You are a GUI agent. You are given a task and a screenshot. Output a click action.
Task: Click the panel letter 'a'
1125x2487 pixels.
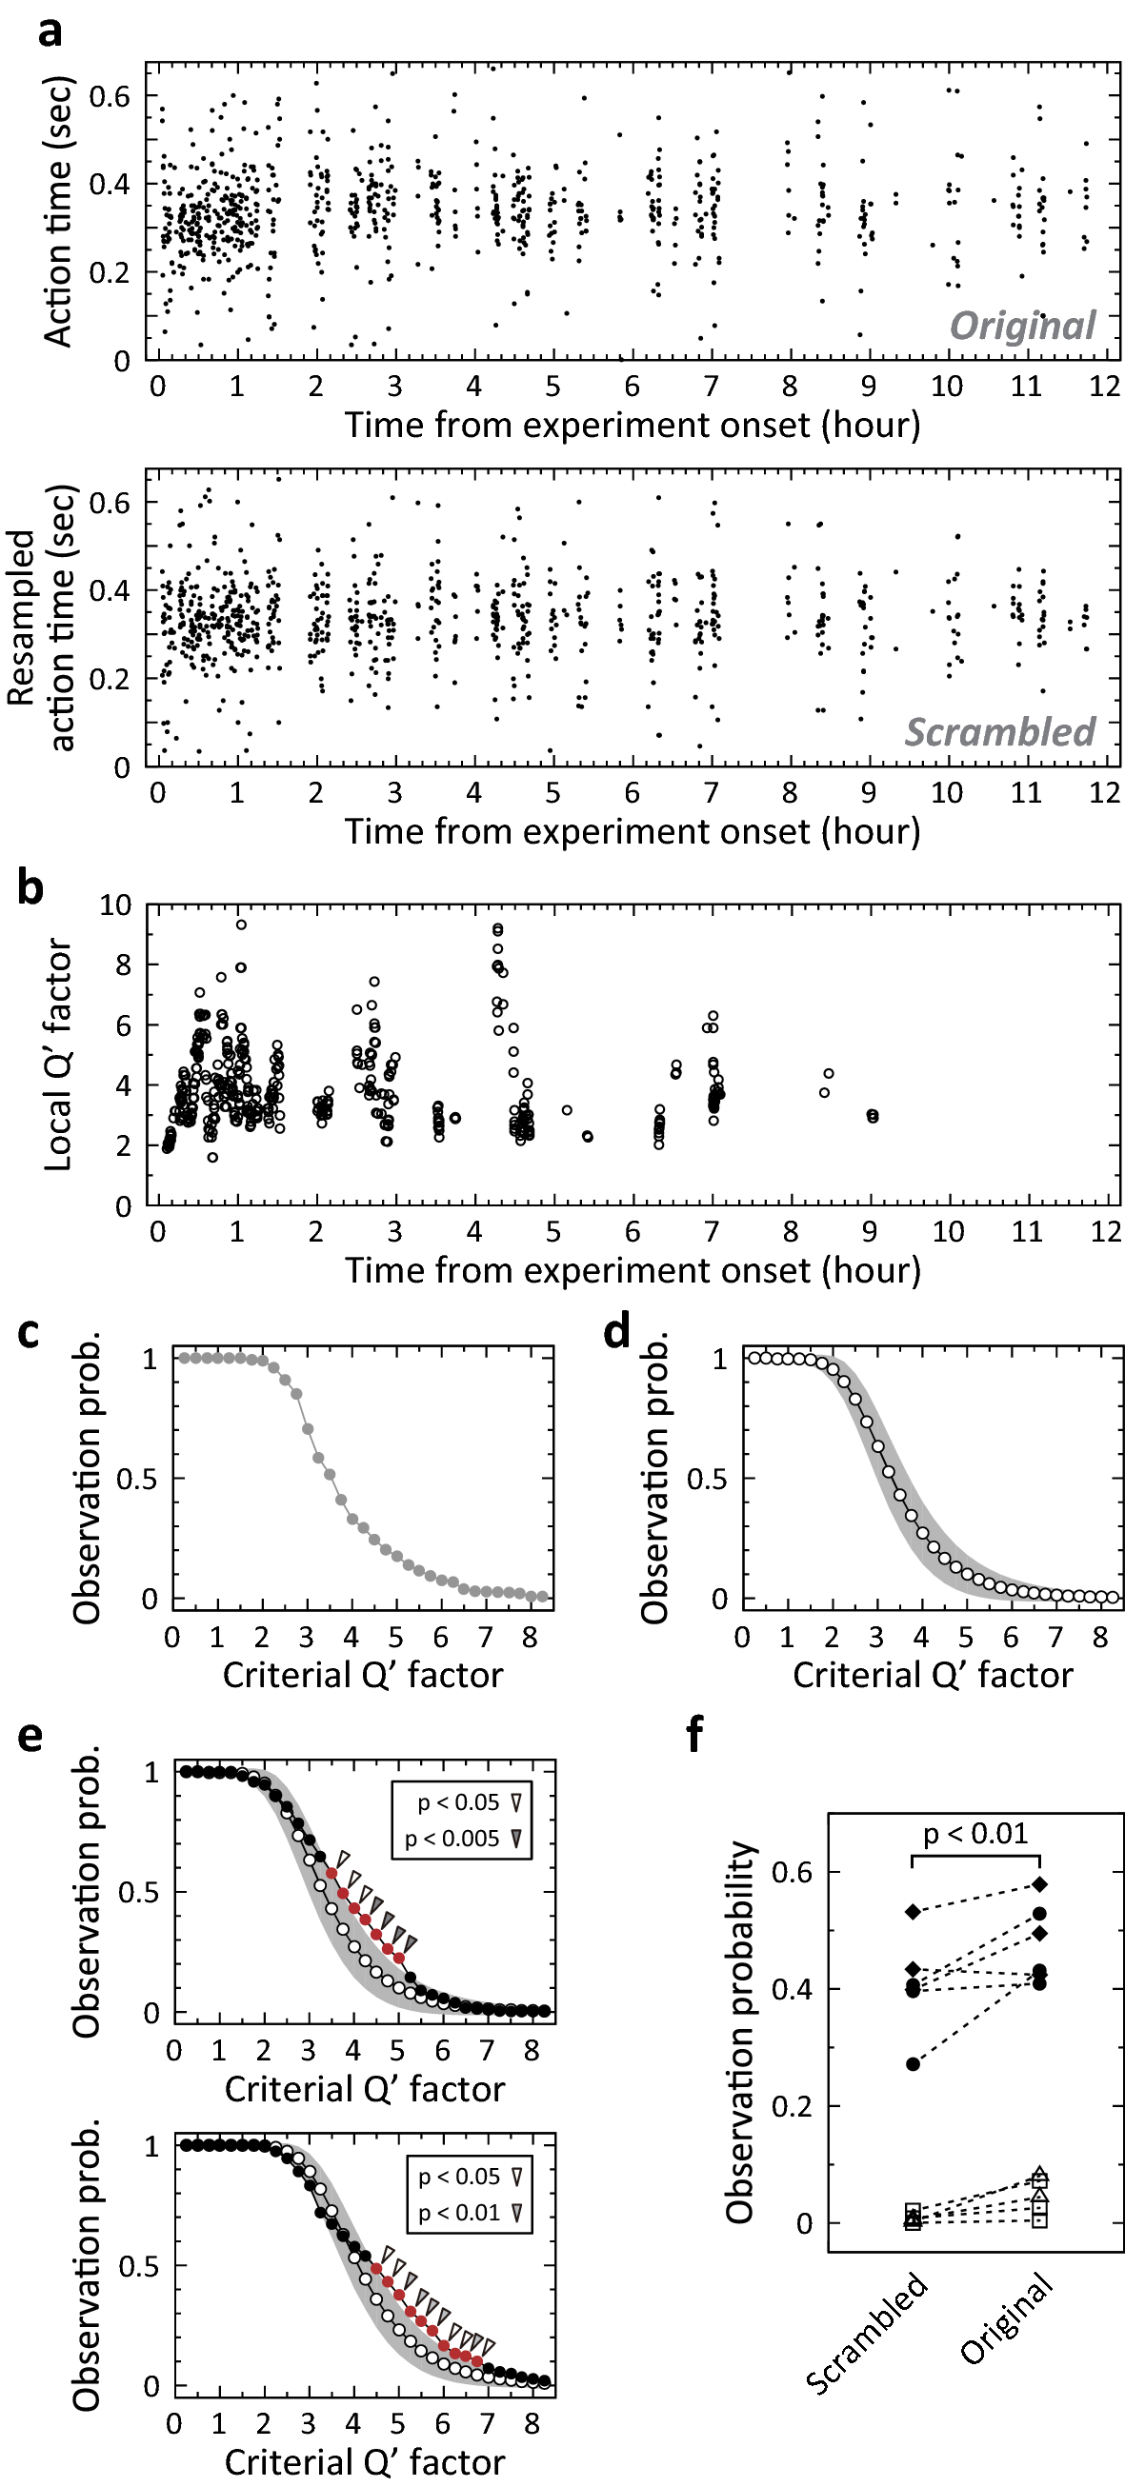[50, 30]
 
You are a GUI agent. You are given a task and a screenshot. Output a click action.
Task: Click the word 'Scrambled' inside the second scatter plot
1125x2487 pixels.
[998, 732]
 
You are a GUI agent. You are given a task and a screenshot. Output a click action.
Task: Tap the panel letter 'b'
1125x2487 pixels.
[30, 885]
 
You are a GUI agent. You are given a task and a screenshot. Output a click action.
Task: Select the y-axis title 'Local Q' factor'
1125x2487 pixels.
[59, 1054]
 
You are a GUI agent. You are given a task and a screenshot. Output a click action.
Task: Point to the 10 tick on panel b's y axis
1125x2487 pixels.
[115, 905]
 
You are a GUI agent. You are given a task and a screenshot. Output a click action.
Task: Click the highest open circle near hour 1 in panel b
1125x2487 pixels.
[241, 925]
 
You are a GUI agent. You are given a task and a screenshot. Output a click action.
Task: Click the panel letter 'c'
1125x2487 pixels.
[29, 1333]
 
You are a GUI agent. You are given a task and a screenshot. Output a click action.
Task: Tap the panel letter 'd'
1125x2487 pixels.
[616, 1333]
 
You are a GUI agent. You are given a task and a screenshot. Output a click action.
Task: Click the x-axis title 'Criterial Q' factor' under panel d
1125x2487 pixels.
[932, 1674]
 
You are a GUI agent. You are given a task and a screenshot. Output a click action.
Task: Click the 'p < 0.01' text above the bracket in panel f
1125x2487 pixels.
[975, 1834]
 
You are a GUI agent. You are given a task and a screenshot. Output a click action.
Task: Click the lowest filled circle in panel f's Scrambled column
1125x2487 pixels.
[913, 2064]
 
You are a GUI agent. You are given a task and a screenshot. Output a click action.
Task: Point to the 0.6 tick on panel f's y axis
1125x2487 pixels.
[792, 1872]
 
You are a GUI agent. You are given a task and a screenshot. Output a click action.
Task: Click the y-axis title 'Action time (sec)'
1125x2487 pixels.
[58, 211]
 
